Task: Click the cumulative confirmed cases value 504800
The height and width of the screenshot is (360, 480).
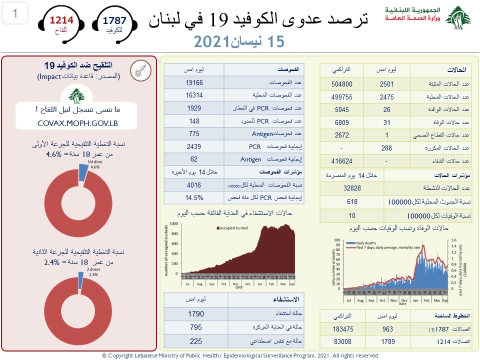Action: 342,84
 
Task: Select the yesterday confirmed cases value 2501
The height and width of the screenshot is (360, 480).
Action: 386,84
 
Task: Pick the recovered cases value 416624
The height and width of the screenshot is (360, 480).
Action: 342,161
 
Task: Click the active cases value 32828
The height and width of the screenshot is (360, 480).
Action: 351,188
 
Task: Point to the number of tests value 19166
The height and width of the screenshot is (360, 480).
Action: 194,82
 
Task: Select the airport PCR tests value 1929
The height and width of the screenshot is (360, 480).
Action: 194,108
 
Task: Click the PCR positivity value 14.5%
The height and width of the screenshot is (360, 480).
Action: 194,196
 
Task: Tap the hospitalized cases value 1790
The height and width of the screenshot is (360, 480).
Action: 196,314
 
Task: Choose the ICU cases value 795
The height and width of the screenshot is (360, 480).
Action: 196,327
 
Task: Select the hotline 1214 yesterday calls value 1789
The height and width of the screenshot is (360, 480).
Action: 386,342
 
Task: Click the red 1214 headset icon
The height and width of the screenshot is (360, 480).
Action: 61,23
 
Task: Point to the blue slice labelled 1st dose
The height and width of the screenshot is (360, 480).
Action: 82,172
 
